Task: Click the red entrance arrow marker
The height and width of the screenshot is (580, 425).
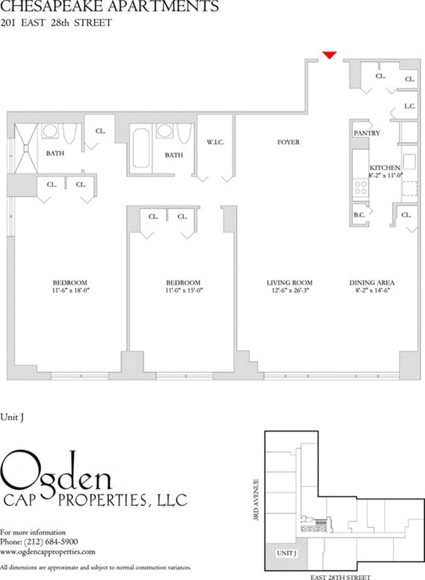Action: (330, 54)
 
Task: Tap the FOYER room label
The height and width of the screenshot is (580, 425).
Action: (288, 142)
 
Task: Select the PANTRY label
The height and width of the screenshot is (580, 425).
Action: (367, 133)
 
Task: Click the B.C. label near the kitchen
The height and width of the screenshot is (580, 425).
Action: (359, 215)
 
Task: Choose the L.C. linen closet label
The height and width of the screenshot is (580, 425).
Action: (410, 106)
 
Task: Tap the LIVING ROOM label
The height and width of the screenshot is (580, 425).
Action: (290, 283)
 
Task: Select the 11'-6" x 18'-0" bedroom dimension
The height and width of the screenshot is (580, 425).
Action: (70, 291)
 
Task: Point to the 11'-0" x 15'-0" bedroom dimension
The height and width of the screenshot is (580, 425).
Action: (183, 291)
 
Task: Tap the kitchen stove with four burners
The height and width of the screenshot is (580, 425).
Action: (361, 187)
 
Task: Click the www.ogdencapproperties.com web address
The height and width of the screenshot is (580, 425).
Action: (48, 552)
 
